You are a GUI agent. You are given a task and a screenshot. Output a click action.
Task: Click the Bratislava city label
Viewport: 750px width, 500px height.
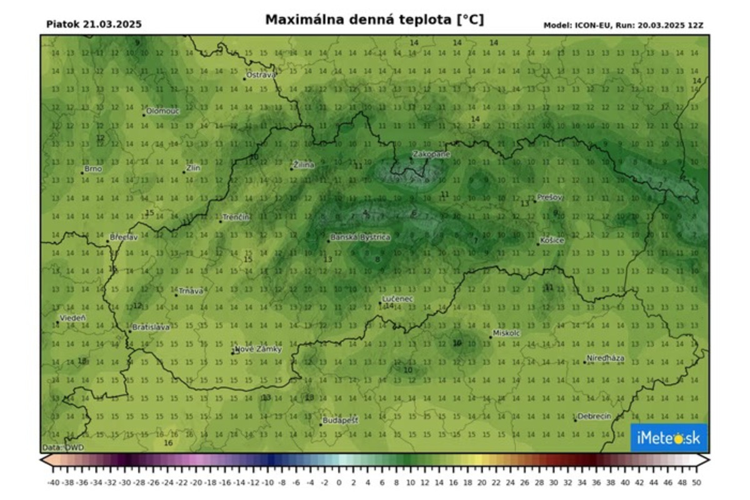tap(151, 327)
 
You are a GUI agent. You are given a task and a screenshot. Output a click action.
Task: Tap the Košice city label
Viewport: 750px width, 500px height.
tap(553, 241)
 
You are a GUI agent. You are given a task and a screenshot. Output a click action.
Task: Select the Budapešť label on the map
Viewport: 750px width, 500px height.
tap(341, 421)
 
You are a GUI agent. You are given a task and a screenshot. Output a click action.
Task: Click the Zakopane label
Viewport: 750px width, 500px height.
tap(431, 154)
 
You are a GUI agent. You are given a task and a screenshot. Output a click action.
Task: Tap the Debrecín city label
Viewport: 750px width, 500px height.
tap(594, 416)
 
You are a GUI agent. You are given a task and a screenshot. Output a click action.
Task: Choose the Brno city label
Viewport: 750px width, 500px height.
tap(93, 169)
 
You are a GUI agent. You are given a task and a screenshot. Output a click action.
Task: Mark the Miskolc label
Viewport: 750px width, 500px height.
tap(507, 334)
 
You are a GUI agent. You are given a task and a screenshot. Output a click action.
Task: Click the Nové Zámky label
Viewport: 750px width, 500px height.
tap(258, 349)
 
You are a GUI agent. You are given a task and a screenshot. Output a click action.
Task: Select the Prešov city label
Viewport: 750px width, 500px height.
tap(551, 197)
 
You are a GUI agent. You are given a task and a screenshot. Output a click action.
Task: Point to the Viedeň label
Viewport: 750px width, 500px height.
tap(73, 317)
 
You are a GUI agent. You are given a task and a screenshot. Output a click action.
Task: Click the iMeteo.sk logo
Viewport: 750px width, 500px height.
tap(668, 438)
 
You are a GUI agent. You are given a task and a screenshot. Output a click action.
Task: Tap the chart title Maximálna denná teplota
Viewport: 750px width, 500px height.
tap(374, 20)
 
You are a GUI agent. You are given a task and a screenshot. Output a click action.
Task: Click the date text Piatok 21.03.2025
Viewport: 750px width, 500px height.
tap(94, 24)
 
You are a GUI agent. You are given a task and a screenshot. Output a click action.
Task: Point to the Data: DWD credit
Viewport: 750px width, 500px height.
tap(63, 447)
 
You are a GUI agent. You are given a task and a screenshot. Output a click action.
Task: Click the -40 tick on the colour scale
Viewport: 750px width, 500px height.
tap(53, 482)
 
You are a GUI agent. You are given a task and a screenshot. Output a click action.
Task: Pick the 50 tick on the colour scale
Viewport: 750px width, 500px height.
tap(696, 482)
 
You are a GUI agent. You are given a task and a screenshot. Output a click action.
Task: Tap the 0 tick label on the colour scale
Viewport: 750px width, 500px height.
tap(339, 482)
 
